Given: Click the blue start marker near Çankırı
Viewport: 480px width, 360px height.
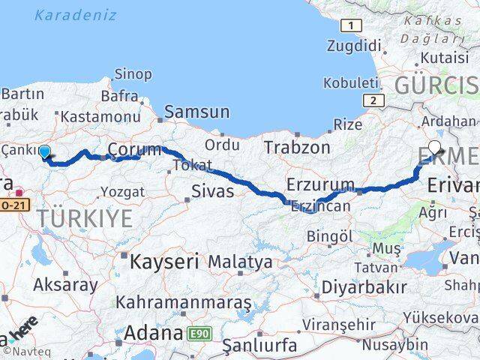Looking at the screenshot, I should (x=44, y=152).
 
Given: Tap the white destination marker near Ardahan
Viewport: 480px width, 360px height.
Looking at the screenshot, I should (x=436, y=148).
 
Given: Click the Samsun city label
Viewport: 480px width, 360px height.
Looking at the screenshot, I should (x=197, y=112).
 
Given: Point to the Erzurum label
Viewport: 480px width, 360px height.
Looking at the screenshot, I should (x=320, y=184).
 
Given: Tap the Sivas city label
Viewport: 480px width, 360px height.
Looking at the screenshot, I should (x=213, y=191).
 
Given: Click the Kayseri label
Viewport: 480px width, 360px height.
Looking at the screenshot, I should (x=163, y=262).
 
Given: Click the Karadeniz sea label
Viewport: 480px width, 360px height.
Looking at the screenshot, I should (x=76, y=14).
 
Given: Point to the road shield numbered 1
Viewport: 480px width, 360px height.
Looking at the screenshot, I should (x=349, y=26).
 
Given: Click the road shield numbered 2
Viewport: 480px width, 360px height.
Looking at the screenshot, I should (x=372, y=100).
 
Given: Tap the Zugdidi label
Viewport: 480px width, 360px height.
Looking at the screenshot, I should (x=354, y=46).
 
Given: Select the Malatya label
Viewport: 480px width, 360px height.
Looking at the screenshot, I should (x=240, y=262).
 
